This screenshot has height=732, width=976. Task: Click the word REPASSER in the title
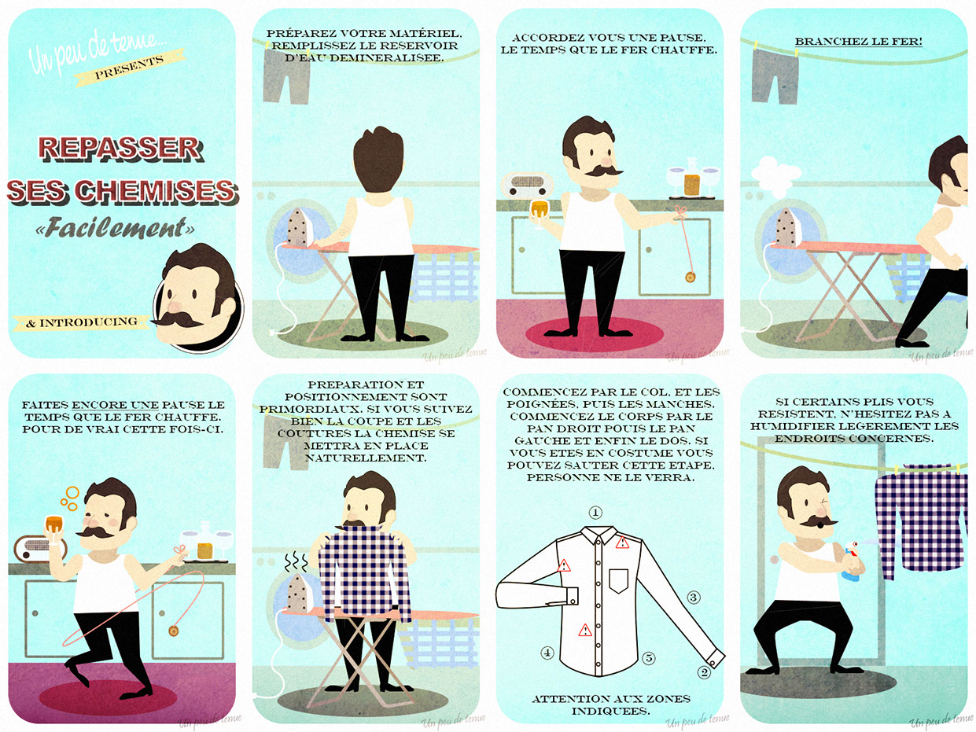point(120,149)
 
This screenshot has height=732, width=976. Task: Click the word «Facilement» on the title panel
point(115,227)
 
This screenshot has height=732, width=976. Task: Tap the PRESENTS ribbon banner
point(129,68)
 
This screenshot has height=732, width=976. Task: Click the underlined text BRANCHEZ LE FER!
point(859,42)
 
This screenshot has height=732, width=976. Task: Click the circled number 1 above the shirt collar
point(595,513)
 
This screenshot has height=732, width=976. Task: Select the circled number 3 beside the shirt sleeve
point(693,598)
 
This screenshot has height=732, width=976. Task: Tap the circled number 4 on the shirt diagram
point(547,653)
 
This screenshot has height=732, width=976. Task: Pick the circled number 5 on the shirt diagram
point(649,657)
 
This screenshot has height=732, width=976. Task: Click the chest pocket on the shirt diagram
point(618,581)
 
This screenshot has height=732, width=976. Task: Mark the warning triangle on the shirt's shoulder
point(623,543)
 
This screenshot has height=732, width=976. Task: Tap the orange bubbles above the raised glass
point(70,498)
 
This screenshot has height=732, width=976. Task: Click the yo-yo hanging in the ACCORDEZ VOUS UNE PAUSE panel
point(690,278)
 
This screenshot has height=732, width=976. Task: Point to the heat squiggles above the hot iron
point(296,563)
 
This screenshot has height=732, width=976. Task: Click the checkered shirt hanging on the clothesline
point(921,520)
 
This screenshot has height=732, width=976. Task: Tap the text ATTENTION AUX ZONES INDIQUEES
point(610,705)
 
